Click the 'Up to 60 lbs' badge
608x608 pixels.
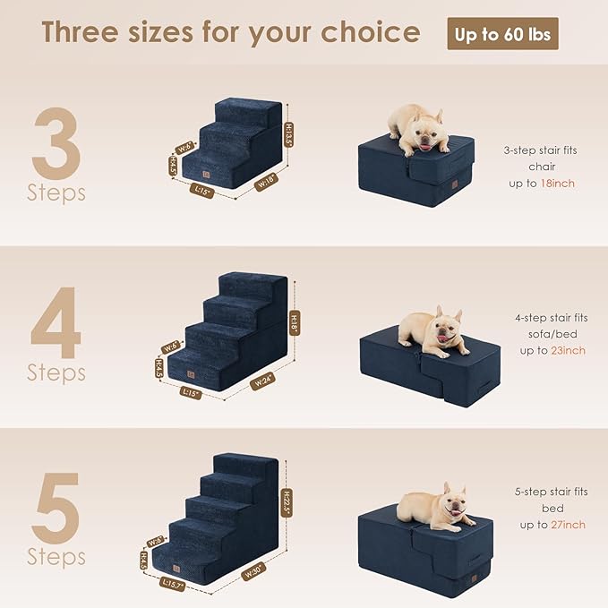click(x=502, y=34)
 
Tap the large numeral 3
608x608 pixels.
click(x=56, y=142)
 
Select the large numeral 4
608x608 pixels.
click(x=56, y=322)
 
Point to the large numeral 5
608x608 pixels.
click(x=56, y=507)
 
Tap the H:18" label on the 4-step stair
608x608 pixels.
click(x=295, y=321)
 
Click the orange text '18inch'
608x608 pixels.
click(x=558, y=183)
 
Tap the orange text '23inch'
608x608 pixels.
click(x=568, y=350)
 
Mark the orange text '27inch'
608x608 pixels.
click(x=568, y=525)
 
